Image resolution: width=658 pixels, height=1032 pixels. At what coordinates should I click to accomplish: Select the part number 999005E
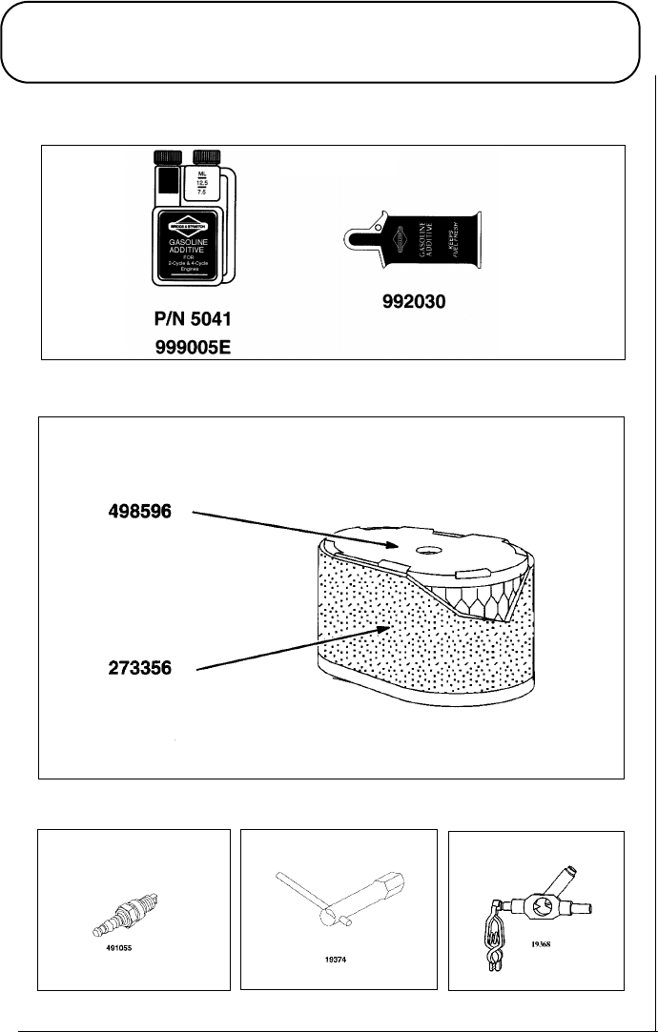tap(195, 347)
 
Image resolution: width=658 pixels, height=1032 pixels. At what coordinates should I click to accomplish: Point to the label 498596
tap(139, 512)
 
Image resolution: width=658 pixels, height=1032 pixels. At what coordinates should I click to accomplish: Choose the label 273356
tap(139, 668)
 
